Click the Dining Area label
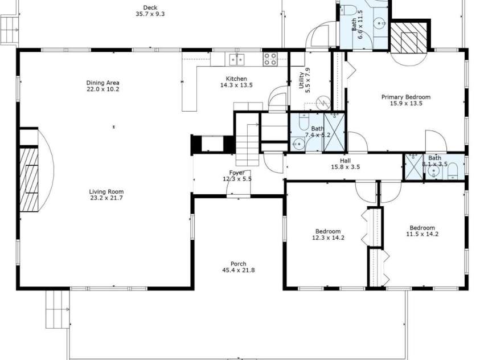tap(102, 83)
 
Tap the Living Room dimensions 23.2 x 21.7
tap(106, 198)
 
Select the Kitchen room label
tap(236, 79)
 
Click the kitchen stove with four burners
tap(270, 59)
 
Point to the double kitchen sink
tap(237, 59)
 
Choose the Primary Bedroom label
tap(405, 97)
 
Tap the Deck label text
tap(150, 7)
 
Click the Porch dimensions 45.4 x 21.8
tap(238, 270)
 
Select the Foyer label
tap(237, 173)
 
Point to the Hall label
tap(345, 161)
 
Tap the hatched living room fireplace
tap(28, 179)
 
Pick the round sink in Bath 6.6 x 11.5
tap(379, 23)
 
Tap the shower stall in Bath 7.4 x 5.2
tap(334, 132)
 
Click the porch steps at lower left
tap(58, 309)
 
